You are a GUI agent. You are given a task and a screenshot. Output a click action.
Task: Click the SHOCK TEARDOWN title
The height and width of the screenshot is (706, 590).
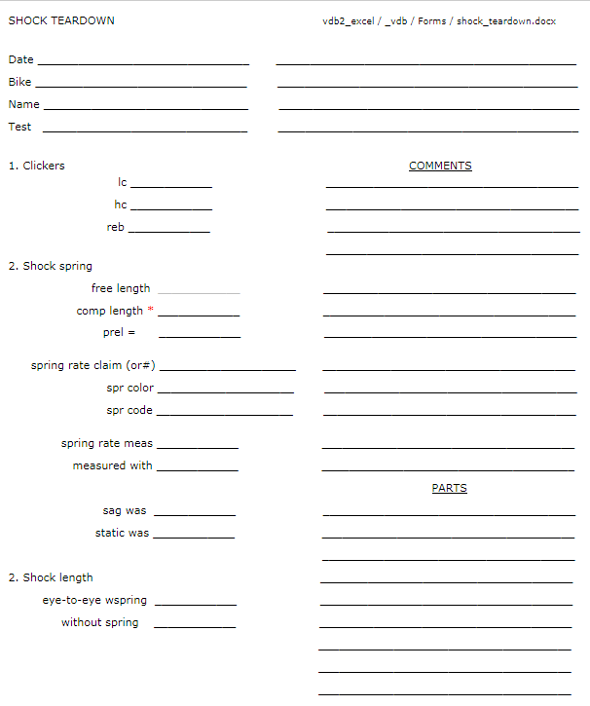[x=61, y=20]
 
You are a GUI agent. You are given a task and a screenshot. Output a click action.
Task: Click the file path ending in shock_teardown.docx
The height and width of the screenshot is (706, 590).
[x=439, y=20]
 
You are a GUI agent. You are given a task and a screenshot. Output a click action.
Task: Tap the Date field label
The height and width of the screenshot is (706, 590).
[x=20, y=59]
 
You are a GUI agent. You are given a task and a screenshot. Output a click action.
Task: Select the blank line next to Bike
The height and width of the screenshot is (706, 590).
[x=141, y=86]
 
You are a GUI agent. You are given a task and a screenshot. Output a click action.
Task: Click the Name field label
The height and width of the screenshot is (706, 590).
[x=23, y=104]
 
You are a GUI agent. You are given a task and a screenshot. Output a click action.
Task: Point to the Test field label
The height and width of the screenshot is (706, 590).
[x=19, y=127]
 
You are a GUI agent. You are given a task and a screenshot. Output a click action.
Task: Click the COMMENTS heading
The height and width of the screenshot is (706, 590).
[x=440, y=166]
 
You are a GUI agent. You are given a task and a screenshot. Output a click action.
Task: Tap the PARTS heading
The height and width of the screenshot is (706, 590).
[x=449, y=488]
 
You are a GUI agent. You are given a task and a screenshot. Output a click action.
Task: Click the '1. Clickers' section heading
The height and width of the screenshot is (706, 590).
[x=37, y=166]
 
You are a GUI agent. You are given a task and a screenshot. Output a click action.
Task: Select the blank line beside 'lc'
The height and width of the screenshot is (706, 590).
[x=171, y=185]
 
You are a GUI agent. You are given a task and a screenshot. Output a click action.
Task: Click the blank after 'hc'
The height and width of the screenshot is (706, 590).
[x=171, y=207]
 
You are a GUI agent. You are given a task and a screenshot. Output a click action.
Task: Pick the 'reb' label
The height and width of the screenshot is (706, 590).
[x=115, y=227]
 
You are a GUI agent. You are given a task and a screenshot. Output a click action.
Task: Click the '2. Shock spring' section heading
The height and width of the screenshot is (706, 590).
[x=51, y=266]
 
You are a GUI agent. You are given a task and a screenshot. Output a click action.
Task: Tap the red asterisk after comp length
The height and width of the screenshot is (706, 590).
[x=151, y=311]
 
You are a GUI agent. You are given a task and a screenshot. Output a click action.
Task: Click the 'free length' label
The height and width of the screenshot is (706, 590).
[x=121, y=288]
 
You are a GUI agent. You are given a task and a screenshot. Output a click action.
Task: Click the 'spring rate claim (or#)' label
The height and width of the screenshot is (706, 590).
[x=93, y=365]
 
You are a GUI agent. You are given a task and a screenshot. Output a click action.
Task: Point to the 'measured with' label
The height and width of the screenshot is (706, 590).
[x=112, y=465]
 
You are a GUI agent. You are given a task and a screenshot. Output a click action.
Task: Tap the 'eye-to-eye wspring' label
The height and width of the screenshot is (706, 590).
[x=94, y=601]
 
